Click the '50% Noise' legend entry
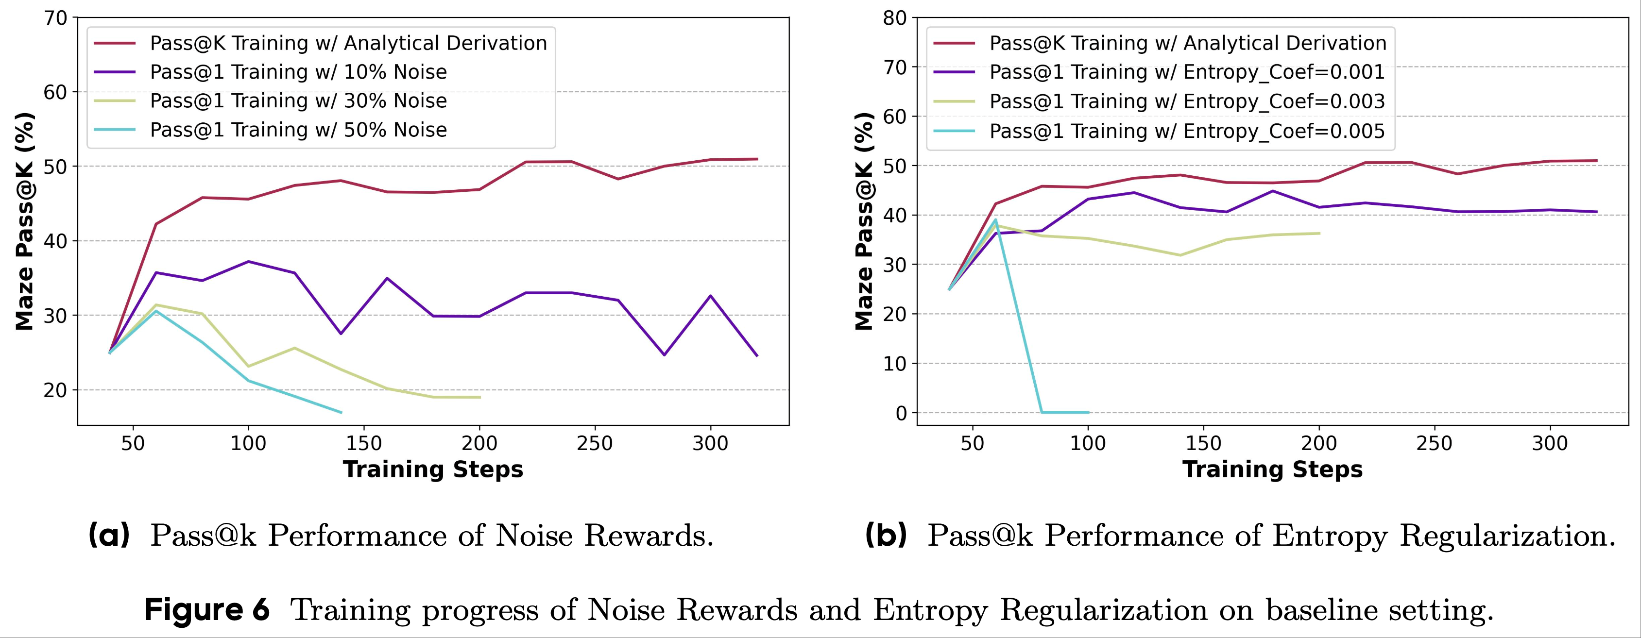tap(298, 130)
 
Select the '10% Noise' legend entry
tap(298, 72)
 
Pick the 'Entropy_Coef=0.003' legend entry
tap(1187, 101)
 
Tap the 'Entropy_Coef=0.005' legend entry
tap(1187, 131)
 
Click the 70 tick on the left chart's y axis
tap(56, 18)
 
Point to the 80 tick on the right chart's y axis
tap(895, 18)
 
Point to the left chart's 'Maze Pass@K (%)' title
tap(24, 221)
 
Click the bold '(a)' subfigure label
tap(109, 536)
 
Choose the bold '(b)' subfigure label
tap(886, 536)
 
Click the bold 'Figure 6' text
tap(207, 610)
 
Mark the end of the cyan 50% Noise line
tap(342, 413)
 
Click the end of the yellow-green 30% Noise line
tap(479, 397)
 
